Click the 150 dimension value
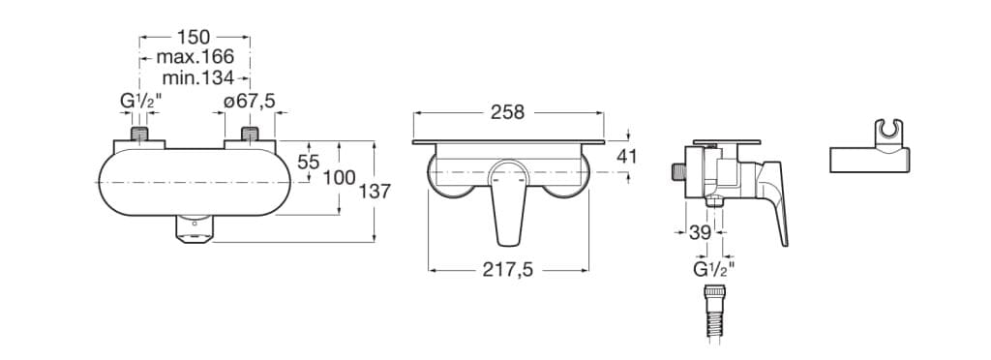194,38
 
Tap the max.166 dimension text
195,57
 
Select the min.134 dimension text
197,77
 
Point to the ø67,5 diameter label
251,100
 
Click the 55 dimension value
309,163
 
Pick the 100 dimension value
340,178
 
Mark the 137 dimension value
375,192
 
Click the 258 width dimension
507,112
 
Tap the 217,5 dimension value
508,270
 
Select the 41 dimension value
626,156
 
